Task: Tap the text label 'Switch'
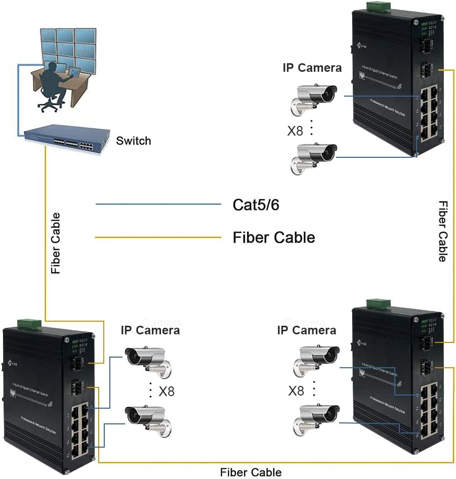tap(134, 141)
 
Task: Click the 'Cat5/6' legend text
tap(256, 205)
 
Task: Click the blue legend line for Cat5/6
tap(158, 204)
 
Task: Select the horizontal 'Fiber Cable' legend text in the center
tap(273, 237)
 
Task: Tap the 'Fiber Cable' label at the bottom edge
tap(251, 472)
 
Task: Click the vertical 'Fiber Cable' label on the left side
tap(56, 243)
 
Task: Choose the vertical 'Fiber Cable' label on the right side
tap(442, 231)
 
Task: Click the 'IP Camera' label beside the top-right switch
tap(312, 68)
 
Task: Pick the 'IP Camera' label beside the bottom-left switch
tap(150, 330)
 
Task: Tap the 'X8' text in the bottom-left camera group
tap(167, 391)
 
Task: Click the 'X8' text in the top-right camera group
tap(296, 131)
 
